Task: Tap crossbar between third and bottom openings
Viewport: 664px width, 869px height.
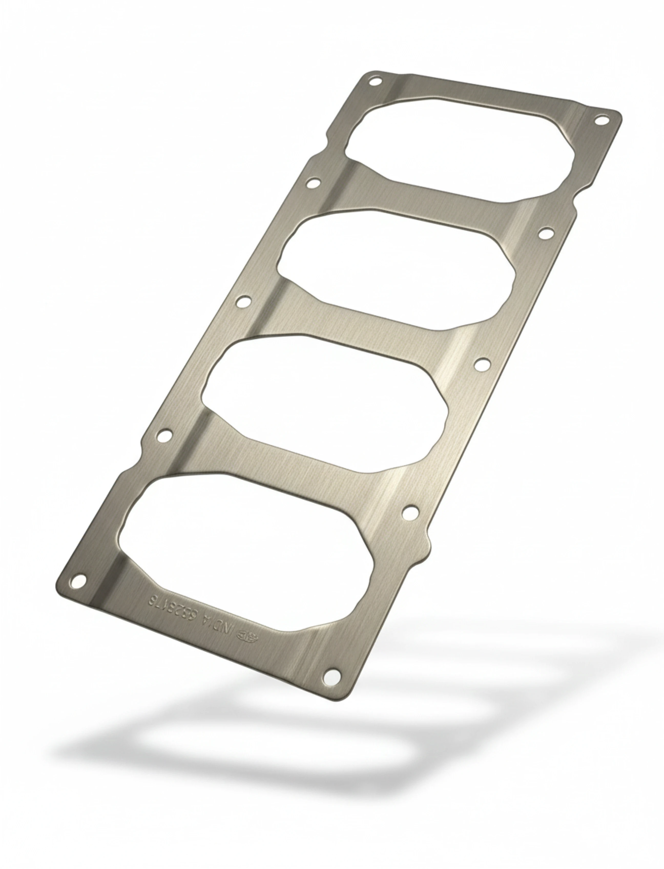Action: (x=285, y=470)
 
